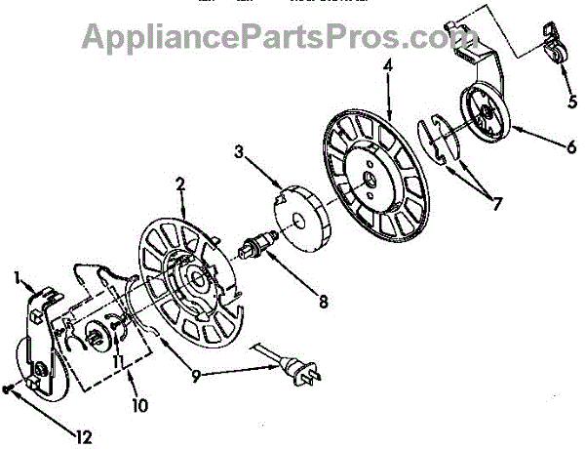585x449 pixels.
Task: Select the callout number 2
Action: pos(180,183)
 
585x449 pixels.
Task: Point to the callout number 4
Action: pos(388,67)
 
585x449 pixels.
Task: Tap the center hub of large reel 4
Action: pos(372,179)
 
